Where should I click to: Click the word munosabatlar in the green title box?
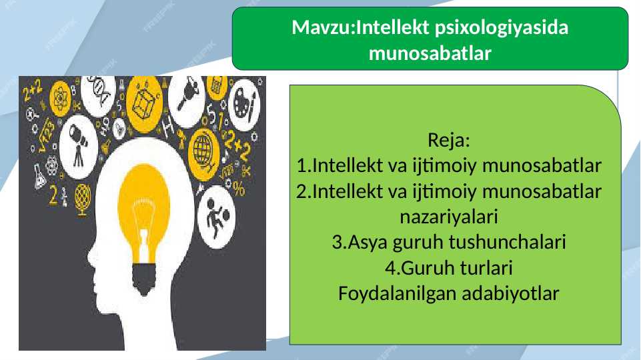coord(430,53)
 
